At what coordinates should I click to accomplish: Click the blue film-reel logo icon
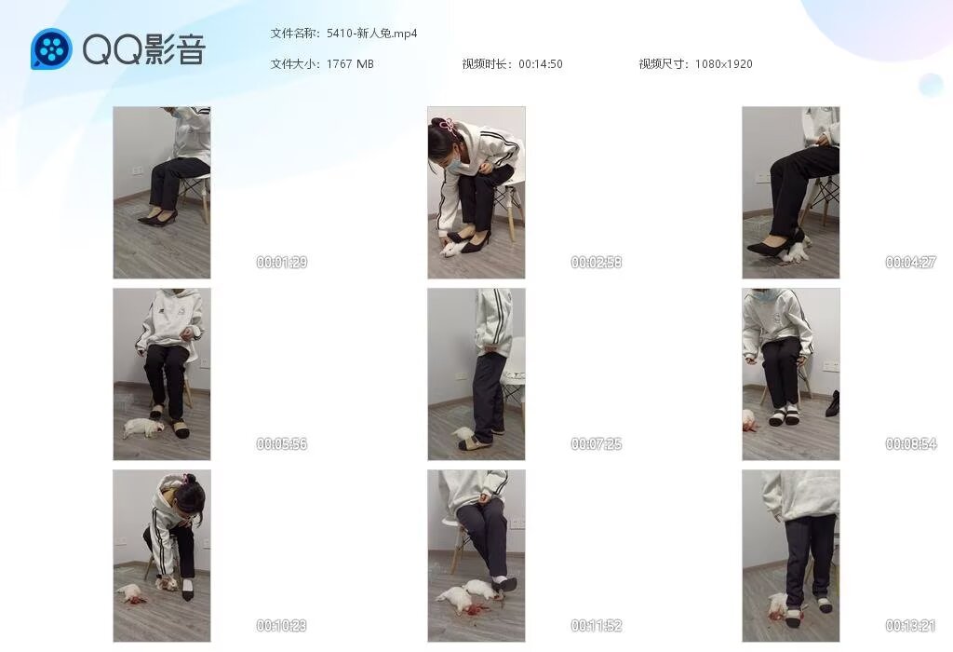51,48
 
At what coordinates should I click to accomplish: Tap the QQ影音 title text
143,48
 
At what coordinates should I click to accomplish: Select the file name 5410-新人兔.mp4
372,34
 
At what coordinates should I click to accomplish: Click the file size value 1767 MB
350,64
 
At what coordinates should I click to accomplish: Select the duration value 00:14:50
541,64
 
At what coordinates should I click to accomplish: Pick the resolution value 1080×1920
723,64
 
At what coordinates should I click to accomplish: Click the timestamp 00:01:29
281,262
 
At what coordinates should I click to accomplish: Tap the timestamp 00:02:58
597,262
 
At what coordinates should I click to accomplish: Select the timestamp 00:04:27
910,262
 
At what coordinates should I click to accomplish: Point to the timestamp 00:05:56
281,444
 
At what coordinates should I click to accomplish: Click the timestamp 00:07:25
597,444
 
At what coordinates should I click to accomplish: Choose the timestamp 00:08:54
910,444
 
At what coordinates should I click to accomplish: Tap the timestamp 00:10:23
281,625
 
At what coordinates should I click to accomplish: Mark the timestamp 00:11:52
597,625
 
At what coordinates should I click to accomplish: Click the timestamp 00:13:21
910,625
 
